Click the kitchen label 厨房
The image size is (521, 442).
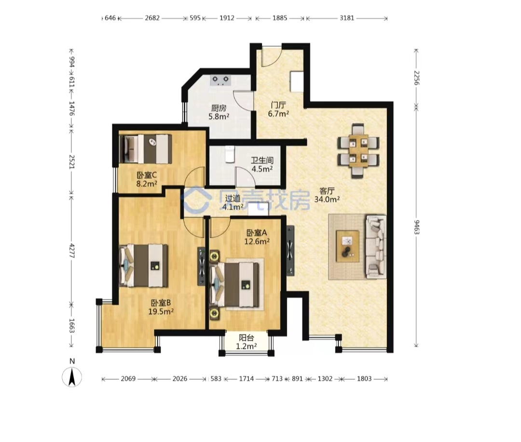tap(219, 108)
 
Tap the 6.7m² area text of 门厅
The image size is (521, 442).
tap(278, 114)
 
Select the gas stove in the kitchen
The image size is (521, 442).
tap(221, 80)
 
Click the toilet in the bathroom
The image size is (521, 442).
tap(230, 154)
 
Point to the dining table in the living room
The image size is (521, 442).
tap(358, 150)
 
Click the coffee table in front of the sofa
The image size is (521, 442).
tap(347, 246)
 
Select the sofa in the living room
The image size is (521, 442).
tap(376, 246)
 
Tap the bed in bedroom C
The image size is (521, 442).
tap(145, 148)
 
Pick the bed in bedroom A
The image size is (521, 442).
tap(234, 284)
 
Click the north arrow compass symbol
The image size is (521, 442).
tap(72, 377)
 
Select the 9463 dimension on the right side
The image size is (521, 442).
tap(417, 227)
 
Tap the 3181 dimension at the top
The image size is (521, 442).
tap(346, 18)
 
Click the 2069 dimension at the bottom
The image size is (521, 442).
tap(128, 378)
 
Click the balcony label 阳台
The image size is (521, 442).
tap(246, 338)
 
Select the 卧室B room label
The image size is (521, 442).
tap(161, 303)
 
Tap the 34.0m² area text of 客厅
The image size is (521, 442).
tap(327, 199)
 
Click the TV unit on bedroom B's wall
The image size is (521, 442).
tap(201, 267)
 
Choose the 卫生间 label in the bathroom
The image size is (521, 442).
tap(262, 161)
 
